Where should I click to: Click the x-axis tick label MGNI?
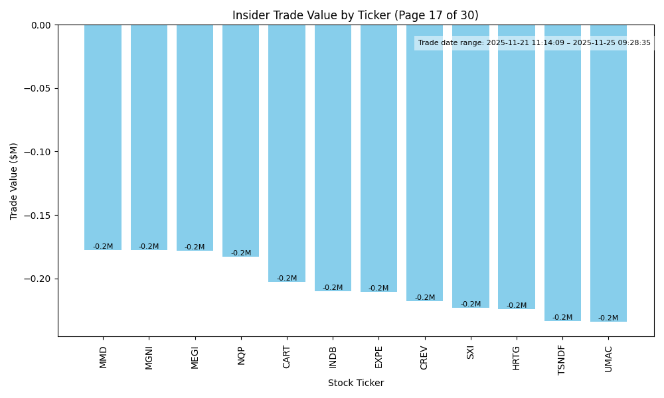(149, 358)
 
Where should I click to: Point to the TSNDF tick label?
(562, 360)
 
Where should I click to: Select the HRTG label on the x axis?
(517, 358)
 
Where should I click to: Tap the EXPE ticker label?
(378, 357)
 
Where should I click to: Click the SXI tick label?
(471, 352)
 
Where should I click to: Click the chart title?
(355, 15)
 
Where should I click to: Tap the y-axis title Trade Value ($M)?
(14, 181)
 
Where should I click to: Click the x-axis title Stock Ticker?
(355, 383)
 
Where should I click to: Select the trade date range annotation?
(534, 43)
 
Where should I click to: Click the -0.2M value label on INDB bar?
(333, 288)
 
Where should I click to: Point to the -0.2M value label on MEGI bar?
(195, 247)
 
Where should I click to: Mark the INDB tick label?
(333, 357)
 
